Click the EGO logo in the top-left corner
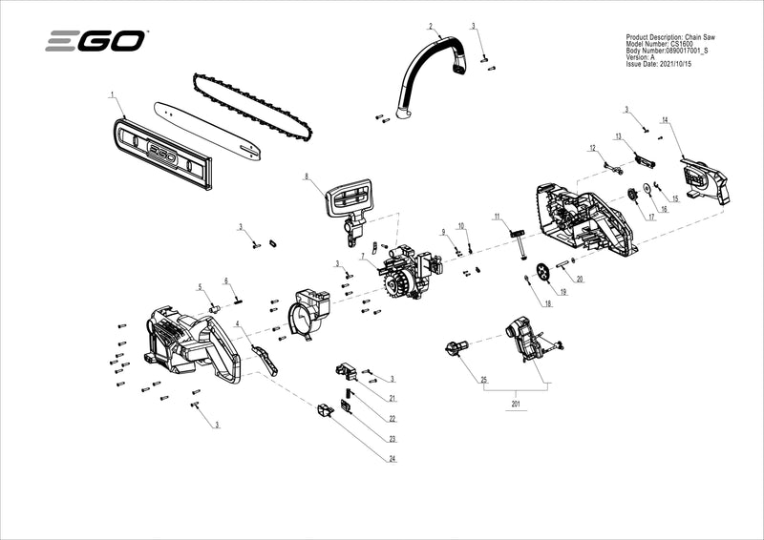pos(96,41)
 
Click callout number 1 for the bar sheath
pos(112,94)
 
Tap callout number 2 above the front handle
pos(430,26)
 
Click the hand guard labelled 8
pos(351,200)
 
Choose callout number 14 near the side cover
pos(665,120)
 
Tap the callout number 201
pos(516,405)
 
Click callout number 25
pos(483,380)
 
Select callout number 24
pos(392,459)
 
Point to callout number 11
pos(497,218)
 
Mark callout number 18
pos(548,304)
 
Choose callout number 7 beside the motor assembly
pos(362,257)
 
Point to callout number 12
pos(592,148)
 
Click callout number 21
pos(392,397)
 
